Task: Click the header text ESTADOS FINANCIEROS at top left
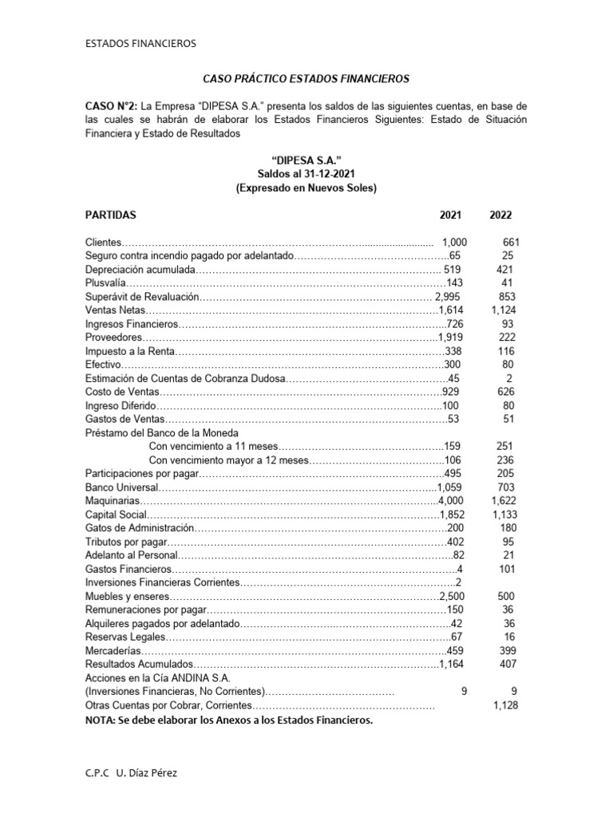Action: (x=140, y=43)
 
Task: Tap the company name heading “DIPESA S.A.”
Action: (x=306, y=160)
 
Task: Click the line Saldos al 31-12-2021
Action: (x=306, y=174)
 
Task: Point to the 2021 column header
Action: (x=450, y=215)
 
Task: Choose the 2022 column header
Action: (x=501, y=215)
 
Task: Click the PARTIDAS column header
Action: (x=111, y=215)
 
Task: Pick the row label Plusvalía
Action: (x=106, y=282)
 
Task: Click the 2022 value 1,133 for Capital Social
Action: (x=504, y=513)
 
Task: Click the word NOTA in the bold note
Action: (x=100, y=720)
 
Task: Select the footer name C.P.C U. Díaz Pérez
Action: (x=138, y=773)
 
